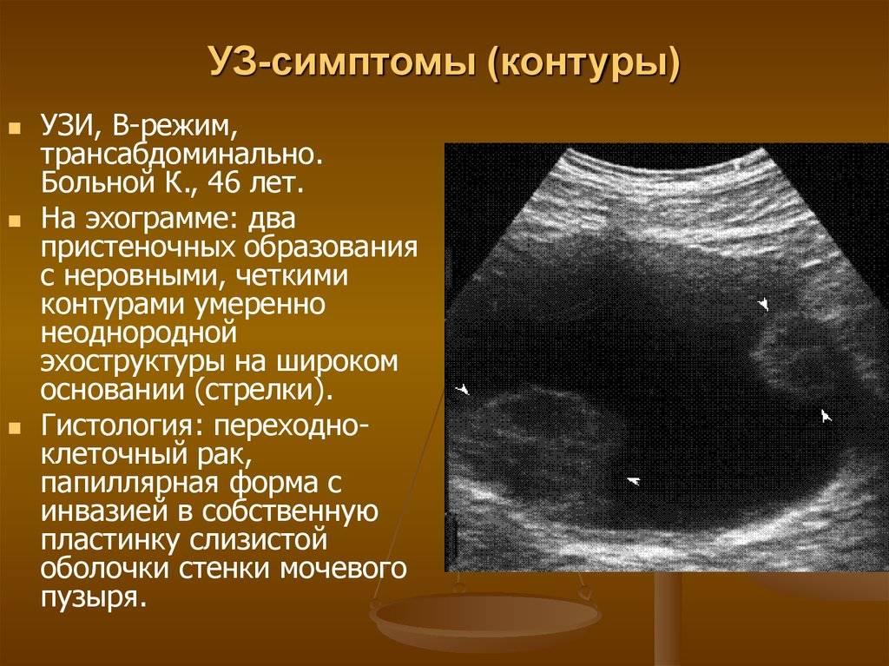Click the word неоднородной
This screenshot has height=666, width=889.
tap(138, 333)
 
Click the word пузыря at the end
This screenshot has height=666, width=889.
tap(89, 597)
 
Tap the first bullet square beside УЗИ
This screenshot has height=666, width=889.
tap(15, 129)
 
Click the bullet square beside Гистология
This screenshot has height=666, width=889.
tap(15, 426)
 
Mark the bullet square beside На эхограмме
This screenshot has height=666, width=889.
tap(15, 220)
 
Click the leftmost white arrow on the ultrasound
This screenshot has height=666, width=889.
tap(464, 390)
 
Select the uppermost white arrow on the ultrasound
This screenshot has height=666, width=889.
tap(764, 304)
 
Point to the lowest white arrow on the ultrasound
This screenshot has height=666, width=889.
tap(633, 481)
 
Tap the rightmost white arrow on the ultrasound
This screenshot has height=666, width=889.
tap(826, 416)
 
